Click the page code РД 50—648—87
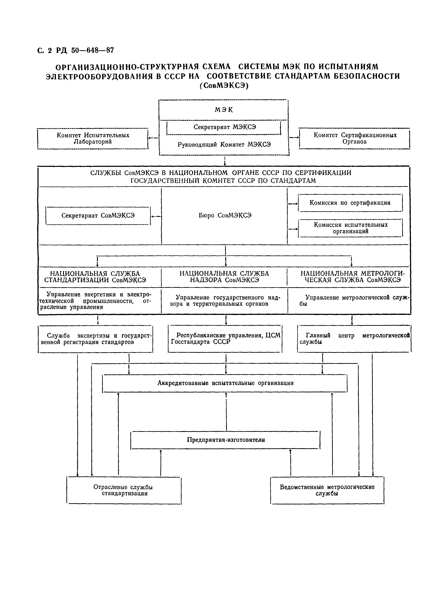(85, 50)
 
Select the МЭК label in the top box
(224, 110)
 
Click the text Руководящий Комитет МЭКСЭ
(224, 145)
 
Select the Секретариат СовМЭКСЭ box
(98, 216)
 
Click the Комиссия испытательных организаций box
(350, 228)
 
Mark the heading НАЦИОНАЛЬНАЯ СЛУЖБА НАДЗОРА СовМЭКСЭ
(224, 277)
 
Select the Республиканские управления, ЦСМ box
(225, 339)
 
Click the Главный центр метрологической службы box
(354, 339)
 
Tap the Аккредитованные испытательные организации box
(225, 383)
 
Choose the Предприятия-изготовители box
(226, 440)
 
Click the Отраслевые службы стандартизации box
(124, 490)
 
